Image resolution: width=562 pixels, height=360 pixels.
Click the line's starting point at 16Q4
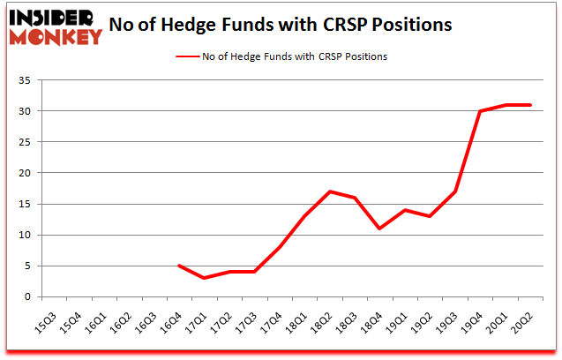point(180,266)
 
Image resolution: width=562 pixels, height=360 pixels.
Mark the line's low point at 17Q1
point(205,278)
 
